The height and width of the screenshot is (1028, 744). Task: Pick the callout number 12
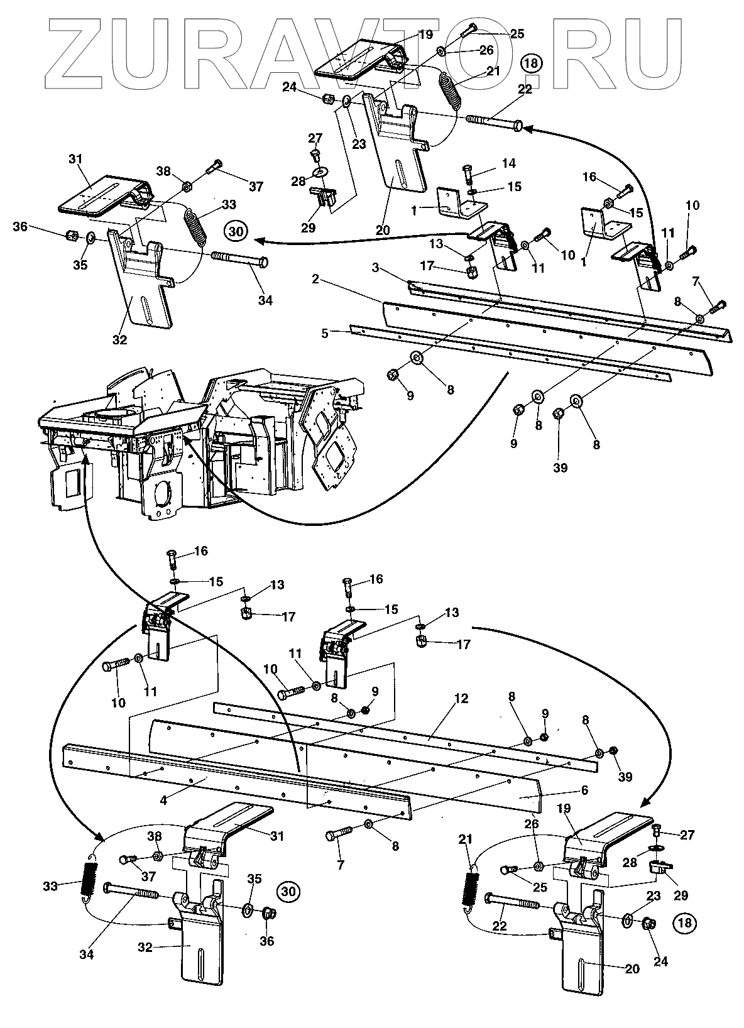click(462, 699)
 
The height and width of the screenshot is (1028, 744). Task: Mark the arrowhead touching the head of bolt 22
click(527, 129)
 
